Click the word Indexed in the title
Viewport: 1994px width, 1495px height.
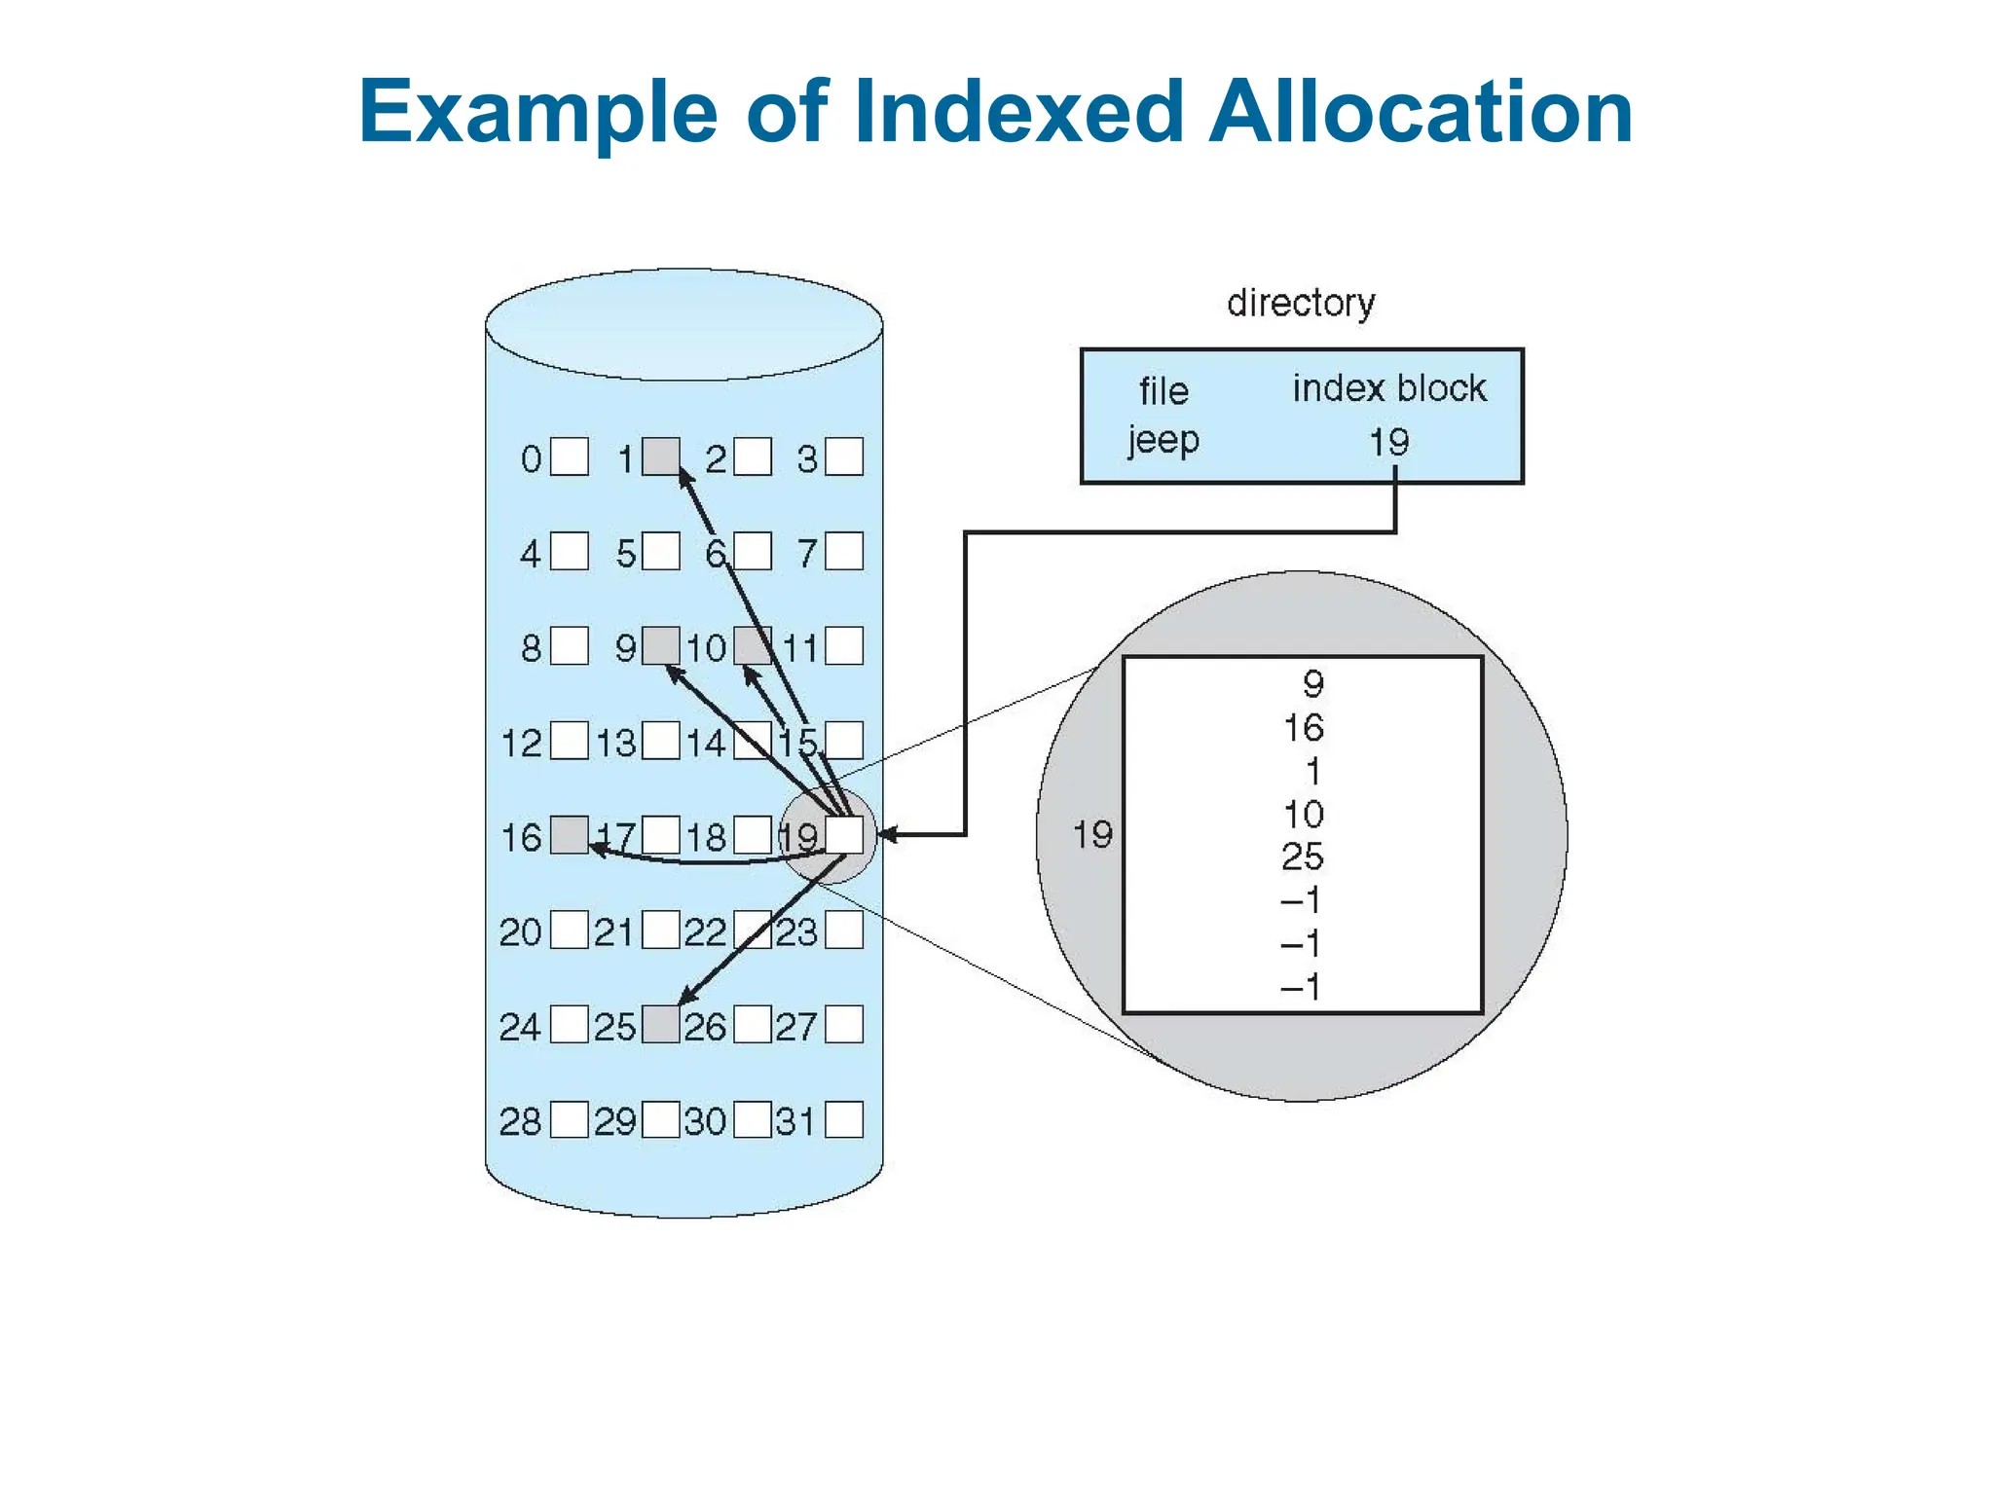(x=1018, y=112)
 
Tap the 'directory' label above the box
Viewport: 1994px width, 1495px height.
(x=1301, y=303)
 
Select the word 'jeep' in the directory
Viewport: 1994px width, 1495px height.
(x=1163, y=441)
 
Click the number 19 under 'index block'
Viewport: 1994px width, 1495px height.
(x=1389, y=443)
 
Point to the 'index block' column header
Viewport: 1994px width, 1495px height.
(x=1389, y=388)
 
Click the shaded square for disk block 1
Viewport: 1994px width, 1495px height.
(x=661, y=456)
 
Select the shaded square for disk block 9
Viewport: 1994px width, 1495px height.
(x=661, y=646)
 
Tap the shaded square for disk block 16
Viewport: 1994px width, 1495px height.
(x=570, y=835)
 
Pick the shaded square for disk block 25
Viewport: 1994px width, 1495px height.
(x=661, y=1025)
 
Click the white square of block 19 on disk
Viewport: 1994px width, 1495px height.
(x=844, y=835)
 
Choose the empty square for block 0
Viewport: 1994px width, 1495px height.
(x=570, y=456)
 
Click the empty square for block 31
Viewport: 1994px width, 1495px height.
(x=844, y=1119)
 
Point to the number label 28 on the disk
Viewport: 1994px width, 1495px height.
(x=520, y=1121)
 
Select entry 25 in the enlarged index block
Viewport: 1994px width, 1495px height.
(x=1303, y=857)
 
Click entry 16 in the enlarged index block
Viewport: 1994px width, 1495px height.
(x=1304, y=728)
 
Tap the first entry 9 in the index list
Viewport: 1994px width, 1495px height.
(x=1313, y=684)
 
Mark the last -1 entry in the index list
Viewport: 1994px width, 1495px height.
(x=1301, y=987)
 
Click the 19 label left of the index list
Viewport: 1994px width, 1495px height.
(x=1092, y=835)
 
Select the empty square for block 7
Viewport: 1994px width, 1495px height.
(x=844, y=551)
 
